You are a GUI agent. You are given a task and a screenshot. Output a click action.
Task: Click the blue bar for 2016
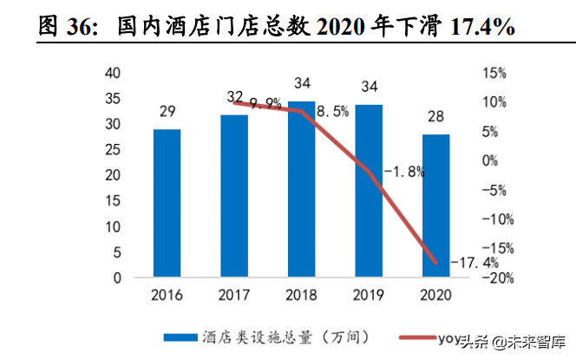(167, 204)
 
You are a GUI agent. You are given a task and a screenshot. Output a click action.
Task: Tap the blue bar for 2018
(301, 190)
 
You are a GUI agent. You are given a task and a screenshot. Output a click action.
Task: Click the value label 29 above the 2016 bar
(167, 111)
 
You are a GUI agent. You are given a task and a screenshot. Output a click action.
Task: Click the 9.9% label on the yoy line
(265, 103)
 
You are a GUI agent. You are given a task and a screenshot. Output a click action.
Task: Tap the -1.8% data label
(404, 172)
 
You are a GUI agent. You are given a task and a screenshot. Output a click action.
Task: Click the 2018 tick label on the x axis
(301, 296)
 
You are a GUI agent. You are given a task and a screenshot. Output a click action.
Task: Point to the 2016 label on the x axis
(167, 296)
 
